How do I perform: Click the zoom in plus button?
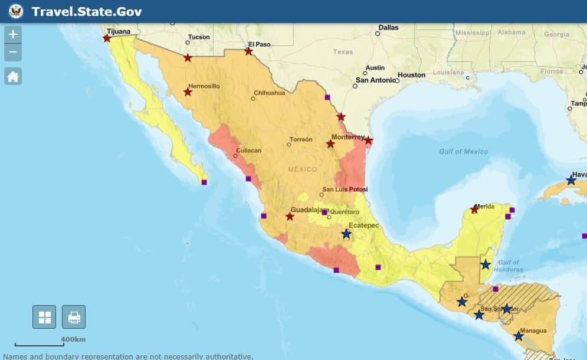pyautogui.click(x=13, y=34)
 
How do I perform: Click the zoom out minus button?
pyautogui.click(x=13, y=53)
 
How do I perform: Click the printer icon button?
pyautogui.click(x=74, y=317)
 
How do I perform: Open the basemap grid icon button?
pyautogui.click(x=44, y=317)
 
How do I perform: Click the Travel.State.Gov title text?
pyautogui.click(x=87, y=11)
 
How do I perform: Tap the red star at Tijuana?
pyautogui.click(x=107, y=38)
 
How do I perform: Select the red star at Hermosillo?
pyautogui.click(x=188, y=92)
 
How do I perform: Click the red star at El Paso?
pyautogui.click(x=248, y=51)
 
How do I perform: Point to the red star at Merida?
pyautogui.click(x=474, y=210)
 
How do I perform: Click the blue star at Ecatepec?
pyautogui.click(x=346, y=234)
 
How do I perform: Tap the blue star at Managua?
pyautogui.click(x=518, y=336)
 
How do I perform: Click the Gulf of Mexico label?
pyautogui.click(x=463, y=152)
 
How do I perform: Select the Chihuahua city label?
pyautogui.click(x=269, y=93)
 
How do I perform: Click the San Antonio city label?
pyautogui.click(x=375, y=80)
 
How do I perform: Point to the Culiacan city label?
pyautogui.click(x=248, y=150)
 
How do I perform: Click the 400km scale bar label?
pyautogui.click(x=73, y=339)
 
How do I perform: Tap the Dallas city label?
pyautogui.click(x=388, y=27)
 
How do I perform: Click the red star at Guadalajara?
pyautogui.click(x=290, y=217)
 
